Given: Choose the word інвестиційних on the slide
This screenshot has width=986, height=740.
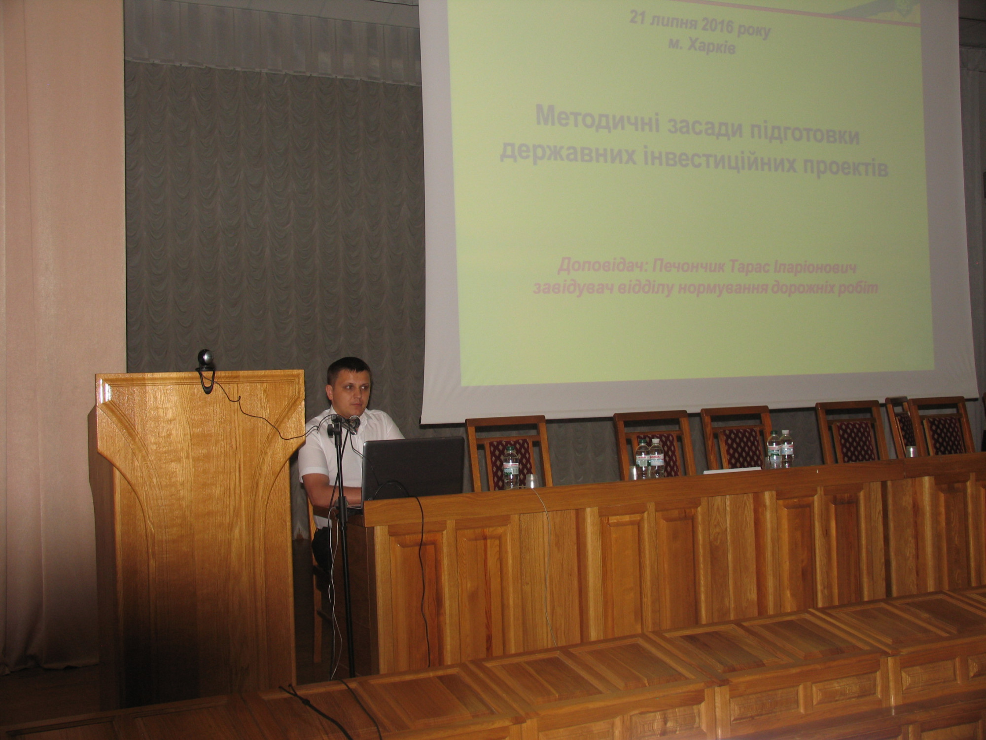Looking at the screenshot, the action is tap(729, 161).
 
